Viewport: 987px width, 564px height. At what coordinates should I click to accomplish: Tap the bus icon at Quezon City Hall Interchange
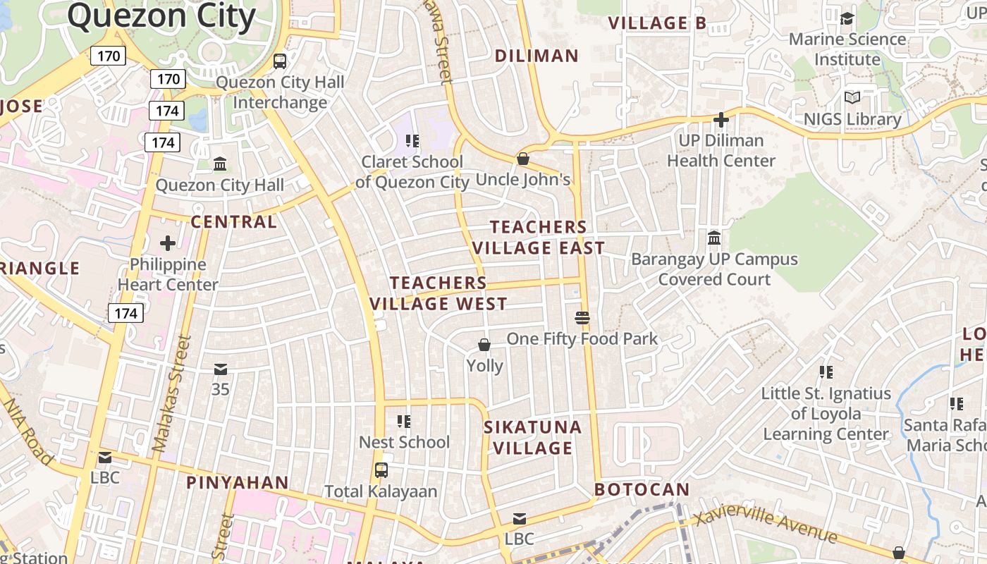(x=280, y=61)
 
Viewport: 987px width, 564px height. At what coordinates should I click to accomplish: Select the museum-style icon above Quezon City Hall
(x=220, y=164)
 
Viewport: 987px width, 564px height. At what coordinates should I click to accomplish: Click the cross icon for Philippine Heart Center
(x=168, y=244)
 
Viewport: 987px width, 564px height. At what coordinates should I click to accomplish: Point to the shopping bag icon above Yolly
(x=484, y=345)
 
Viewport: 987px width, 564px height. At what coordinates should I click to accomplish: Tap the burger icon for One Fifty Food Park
(x=582, y=318)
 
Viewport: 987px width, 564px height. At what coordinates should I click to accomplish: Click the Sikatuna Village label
(x=532, y=437)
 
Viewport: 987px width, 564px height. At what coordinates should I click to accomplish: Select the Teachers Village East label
(x=539, y=237)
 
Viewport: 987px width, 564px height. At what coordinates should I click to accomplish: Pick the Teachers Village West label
(x=439, y=293)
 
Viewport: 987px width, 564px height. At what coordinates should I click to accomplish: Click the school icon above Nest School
(x=404, y=422)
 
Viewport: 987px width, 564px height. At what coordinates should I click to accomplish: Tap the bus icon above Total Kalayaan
(x=381, y=470)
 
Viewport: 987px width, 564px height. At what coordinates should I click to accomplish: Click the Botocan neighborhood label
(x=642, y=489)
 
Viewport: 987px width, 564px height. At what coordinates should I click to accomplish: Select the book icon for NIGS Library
(x=852, y=98)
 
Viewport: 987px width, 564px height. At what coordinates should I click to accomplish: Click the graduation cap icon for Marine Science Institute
(x=847, y=18)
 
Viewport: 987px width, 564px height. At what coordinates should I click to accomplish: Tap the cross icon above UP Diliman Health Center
(x=721, y=120)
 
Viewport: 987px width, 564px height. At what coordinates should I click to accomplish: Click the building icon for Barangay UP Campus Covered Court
(x=714, y=238)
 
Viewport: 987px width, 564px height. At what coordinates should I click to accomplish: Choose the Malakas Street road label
(x=171, y=393)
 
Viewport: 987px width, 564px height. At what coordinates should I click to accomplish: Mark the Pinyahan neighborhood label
(x=237, y=483)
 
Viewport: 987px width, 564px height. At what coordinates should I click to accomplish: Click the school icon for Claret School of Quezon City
(x=412, y=141)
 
